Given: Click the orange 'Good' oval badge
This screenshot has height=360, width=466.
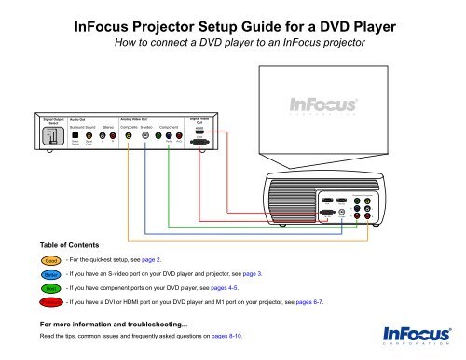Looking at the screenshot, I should [x=50, y=250].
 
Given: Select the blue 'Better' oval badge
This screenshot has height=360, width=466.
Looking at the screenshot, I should [x=50, y=274].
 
